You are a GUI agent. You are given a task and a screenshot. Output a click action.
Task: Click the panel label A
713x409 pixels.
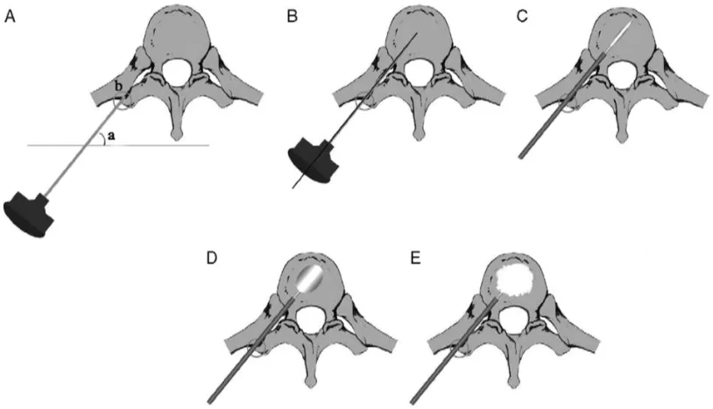10,16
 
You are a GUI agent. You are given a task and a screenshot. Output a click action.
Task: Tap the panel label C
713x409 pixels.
522,16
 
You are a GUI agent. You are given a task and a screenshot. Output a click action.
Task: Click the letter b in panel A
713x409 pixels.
118,85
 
